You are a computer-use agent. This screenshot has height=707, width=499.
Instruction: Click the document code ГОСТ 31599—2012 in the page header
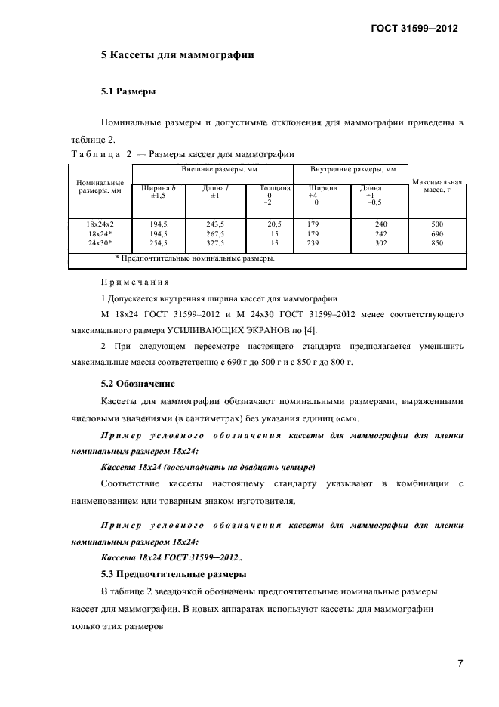(414, 29)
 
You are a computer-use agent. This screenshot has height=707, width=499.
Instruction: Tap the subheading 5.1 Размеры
(128, 91)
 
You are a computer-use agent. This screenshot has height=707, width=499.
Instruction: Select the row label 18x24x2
(100, 224)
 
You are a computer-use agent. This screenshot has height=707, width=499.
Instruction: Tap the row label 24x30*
(100, 244)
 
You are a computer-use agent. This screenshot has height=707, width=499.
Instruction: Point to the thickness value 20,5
(274, 224)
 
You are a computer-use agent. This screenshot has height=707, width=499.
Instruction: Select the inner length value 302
(381, 244)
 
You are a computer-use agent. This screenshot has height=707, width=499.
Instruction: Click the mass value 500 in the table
(437, 224)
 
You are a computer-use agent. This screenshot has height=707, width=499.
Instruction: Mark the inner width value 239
(313, 244)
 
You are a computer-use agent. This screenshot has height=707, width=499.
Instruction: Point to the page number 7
(460, 665)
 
